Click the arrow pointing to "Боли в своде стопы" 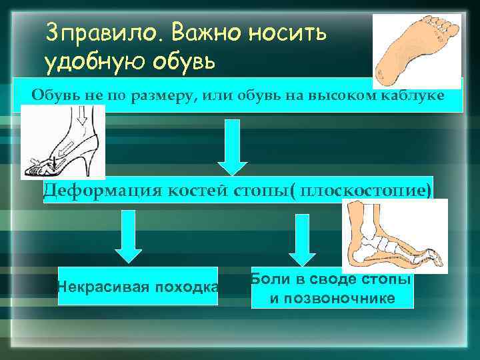[302, 240]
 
